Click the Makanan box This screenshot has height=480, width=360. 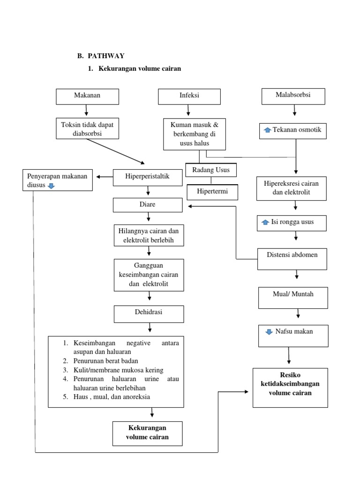(x=87, y=96)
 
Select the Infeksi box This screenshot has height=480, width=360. (x=189, y=96)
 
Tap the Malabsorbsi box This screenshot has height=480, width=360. (x=293, y=96)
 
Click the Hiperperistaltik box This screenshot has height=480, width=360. (x=148, y=176)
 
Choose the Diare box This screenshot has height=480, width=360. (x=148, y=205)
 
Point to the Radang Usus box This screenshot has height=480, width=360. (x=211, y=170)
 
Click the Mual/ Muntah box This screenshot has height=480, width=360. (x=293, y=298)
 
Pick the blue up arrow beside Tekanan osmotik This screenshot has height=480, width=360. (x=267, y=130)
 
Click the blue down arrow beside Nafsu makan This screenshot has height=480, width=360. (x=269, y=332)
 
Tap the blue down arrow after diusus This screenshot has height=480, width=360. (x=51, y=186)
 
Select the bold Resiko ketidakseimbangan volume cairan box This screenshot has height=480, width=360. (x=290, y=387)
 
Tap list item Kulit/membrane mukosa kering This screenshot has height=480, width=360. (x=118, y=370)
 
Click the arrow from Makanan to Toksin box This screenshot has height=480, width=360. (x=87, y=111)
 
